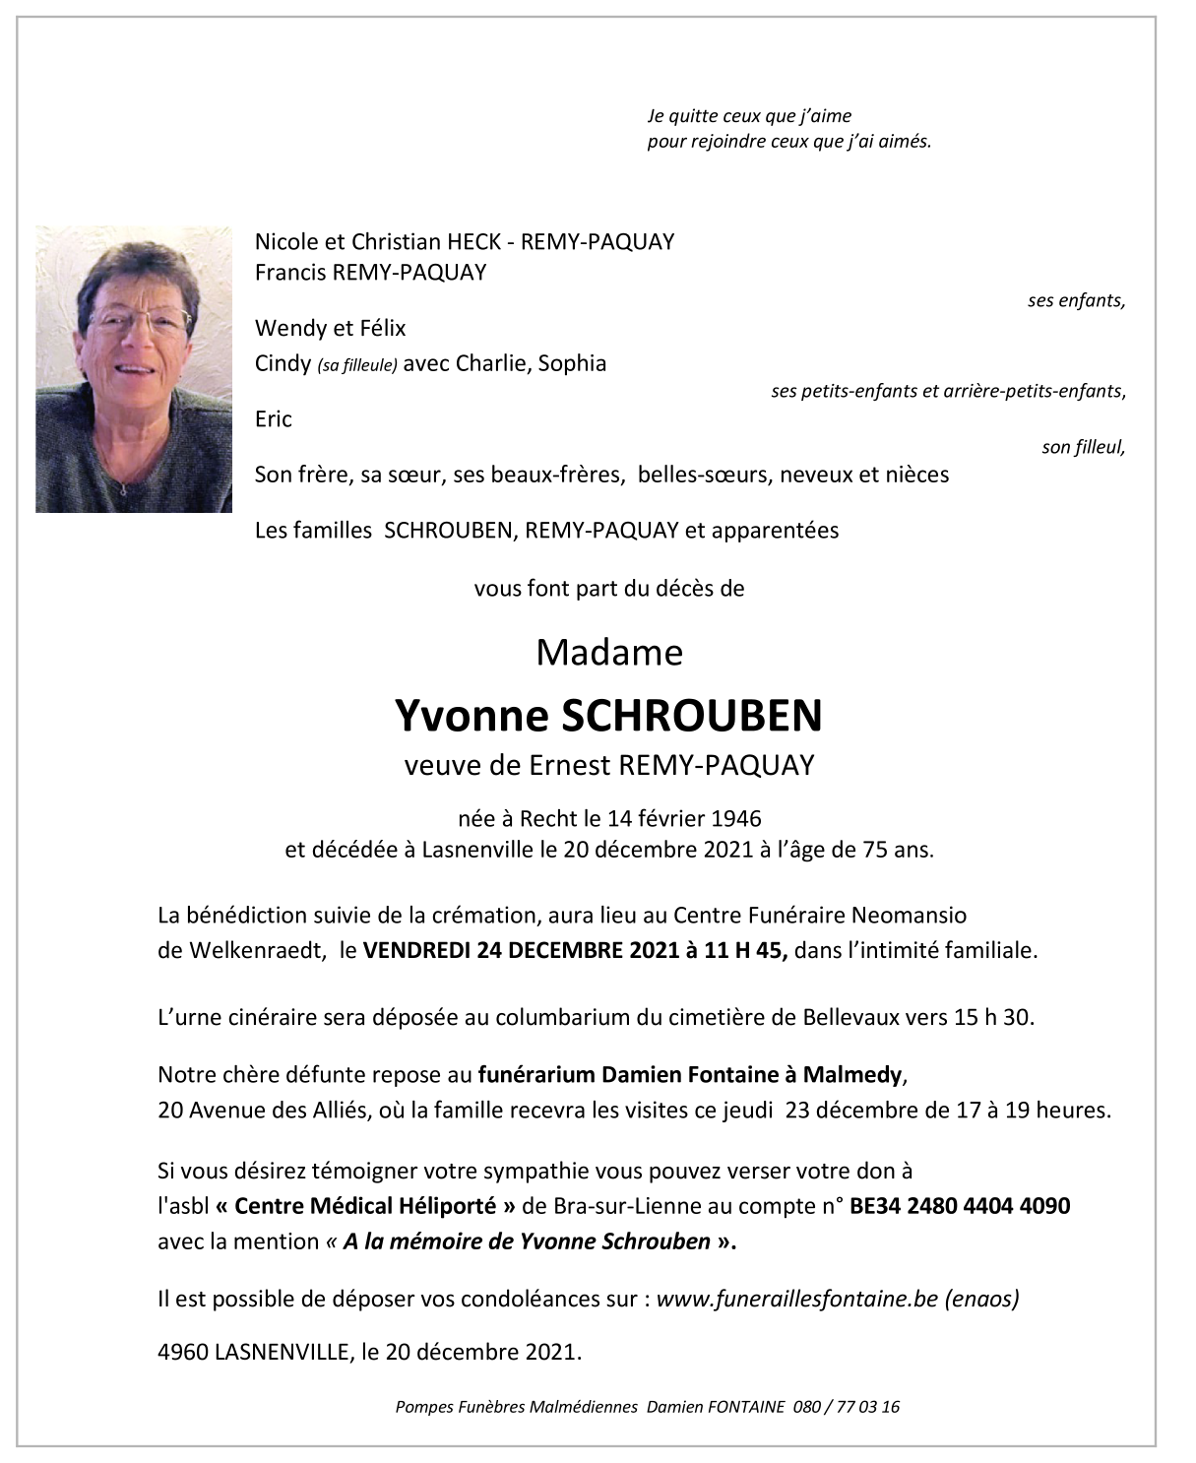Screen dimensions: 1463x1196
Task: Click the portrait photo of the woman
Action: pos(134,369)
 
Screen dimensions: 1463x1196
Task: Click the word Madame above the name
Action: pos(609,653)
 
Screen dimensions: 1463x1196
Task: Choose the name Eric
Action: pos(274,419)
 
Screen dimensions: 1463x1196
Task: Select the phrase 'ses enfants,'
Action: pos(1076,301)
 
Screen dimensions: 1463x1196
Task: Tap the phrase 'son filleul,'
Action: pos(1083,448)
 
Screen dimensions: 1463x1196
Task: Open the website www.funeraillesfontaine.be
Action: pos(796,1300)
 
